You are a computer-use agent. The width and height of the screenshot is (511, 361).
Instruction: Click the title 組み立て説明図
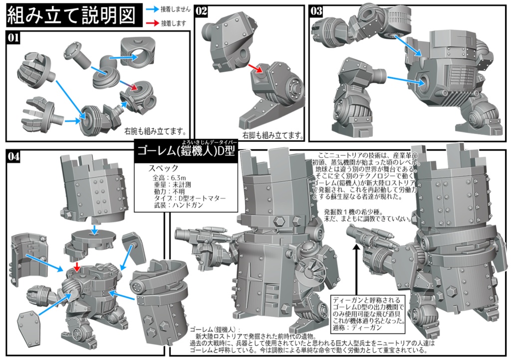71,16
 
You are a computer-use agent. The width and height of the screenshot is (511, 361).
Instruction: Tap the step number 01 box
14,37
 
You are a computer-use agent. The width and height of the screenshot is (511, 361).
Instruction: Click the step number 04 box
14,156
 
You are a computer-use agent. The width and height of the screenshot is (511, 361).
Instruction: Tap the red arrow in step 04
76,267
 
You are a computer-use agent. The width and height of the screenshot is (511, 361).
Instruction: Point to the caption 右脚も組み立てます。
273,135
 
